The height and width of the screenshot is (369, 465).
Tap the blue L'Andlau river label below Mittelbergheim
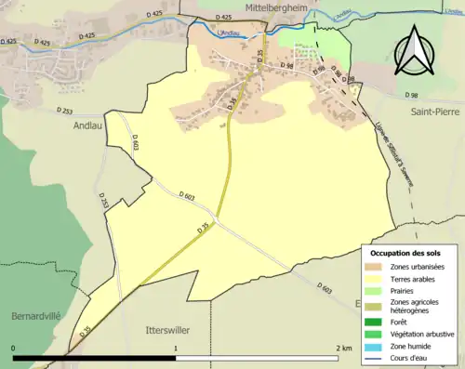[x=227, y=35]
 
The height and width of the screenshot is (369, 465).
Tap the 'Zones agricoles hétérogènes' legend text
[x=413, y=308]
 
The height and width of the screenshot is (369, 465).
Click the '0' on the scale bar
[x=14, y=348]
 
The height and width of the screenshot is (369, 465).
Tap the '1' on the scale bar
[x=176, y=348]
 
